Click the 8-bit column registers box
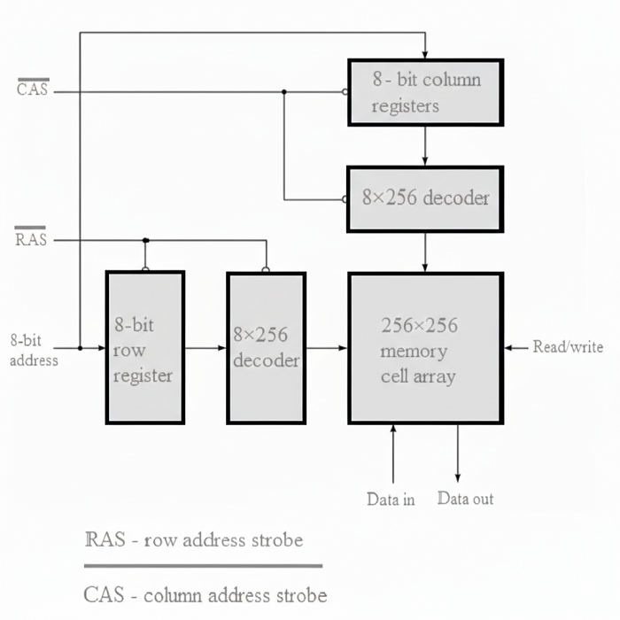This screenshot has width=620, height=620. (425, 92)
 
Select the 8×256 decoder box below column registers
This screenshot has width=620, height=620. (425, 198)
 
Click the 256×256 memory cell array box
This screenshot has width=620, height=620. (425, 347)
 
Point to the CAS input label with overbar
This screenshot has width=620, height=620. (33, 89)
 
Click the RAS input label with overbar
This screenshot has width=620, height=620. (31, 239)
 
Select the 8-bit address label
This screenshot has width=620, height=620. (34, 349)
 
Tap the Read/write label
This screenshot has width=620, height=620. (568, 347)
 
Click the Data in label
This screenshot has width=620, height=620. (391, 500)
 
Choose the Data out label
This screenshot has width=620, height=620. (465, 499)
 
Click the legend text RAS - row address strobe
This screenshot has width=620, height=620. (193, 539)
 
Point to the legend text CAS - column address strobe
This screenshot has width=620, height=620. (205, 594)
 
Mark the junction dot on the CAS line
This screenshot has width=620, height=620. (284, 91)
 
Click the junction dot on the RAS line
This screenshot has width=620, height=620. (145, 239)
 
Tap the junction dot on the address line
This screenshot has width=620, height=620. (80, 348)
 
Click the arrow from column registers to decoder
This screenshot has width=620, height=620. (426, 146)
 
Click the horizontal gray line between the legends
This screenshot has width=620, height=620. (203, 565)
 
